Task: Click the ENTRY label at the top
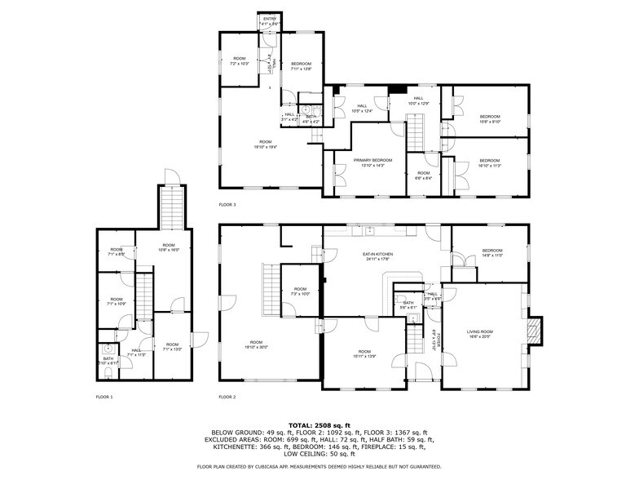269,19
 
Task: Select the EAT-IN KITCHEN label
378,255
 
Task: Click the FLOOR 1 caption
104,397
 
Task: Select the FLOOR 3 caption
227,204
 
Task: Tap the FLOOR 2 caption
227,397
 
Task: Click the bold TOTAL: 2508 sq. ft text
319,425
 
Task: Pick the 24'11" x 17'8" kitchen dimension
378,260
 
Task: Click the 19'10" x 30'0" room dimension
256,347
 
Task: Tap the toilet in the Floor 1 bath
108,373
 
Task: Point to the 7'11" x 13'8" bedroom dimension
302,69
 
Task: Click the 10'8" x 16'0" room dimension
168,251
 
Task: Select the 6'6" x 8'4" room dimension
423,178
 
